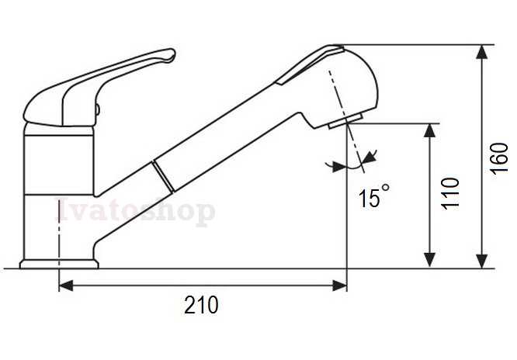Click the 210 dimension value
click(201, 305)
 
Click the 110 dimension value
click(450, 193)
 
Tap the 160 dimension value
click(498, 158)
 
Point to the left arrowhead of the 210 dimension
click(66, 286)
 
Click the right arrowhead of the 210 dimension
click(339, 286)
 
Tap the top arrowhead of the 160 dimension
click(482, 52)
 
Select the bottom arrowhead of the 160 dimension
click(482, 261)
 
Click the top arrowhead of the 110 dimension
click(429, 130)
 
